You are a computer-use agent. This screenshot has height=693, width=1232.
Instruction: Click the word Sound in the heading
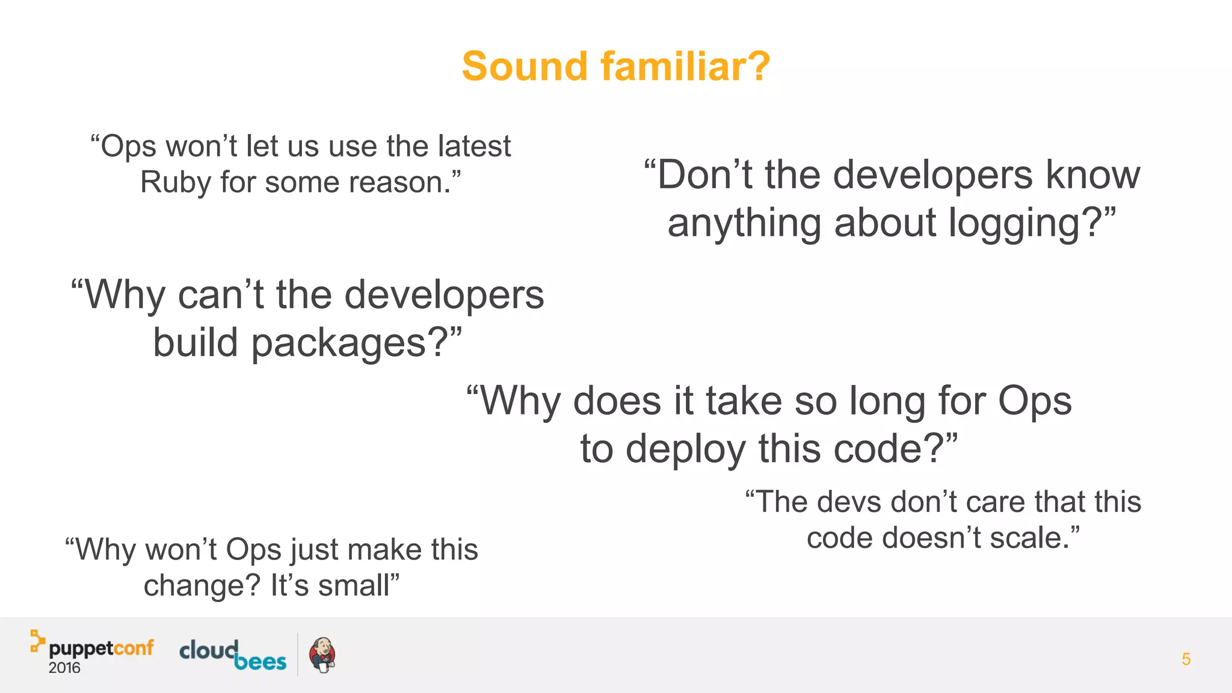tap(524, 66)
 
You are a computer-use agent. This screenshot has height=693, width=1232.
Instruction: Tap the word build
tap(196, 343)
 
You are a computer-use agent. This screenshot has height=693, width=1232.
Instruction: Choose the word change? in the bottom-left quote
tap(202, 585)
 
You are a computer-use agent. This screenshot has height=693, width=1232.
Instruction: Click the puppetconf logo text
tap(101, 648)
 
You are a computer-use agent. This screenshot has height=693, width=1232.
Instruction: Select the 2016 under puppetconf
tap(64, 668)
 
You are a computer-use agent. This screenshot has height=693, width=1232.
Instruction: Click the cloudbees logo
tap(233, 654)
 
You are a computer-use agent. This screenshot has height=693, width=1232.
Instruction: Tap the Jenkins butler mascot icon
tap(322, 655)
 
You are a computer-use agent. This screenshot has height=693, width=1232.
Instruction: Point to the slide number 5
tap(1186, 659)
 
